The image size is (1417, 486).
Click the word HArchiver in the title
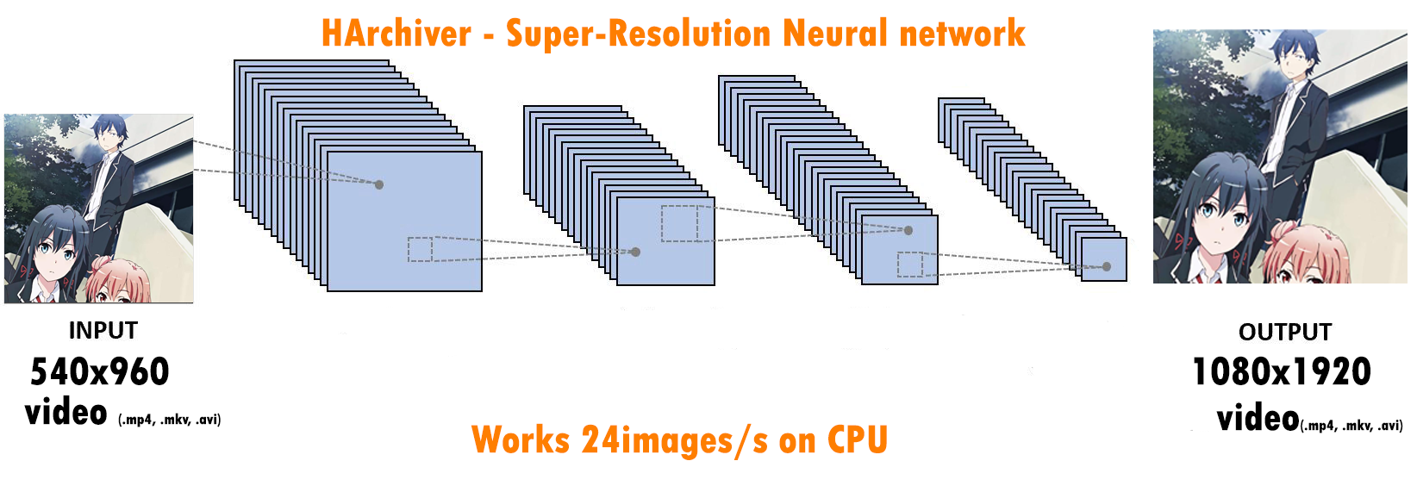(x=396, y=34)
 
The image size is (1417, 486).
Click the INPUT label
(x=103, y=331)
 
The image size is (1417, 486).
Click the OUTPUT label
(x=1284, y=333)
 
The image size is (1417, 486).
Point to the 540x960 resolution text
(x=100, y=372)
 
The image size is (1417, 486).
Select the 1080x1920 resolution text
(x=1281, y=372)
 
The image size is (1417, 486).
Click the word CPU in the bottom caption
(x=857, y=439)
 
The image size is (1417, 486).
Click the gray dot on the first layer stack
(x=379, y=184)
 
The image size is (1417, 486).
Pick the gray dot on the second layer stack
(x=635, y=252)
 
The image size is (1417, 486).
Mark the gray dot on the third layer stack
(x=908, y=230)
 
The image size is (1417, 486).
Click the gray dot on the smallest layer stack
(x=1107, y=267)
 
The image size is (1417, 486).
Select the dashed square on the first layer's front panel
(x=420, y=249)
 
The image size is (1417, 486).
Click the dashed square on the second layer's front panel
(x=679, y=223)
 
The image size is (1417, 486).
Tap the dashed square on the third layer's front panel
(x=910, y=264)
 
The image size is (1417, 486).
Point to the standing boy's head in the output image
(x=1294, y=53)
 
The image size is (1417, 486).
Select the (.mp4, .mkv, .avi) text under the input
(x=169, y=420)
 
